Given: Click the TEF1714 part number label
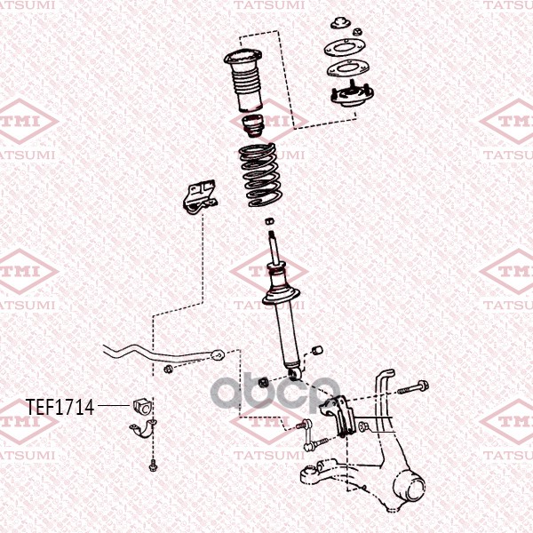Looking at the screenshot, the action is pos(60,407).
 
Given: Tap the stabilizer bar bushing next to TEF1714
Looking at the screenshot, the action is pos(141,406).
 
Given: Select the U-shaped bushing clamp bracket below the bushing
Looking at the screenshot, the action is pos(143,429).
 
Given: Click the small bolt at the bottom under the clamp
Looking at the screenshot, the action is pos(153,465).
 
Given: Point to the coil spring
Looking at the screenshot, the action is pos(260,175).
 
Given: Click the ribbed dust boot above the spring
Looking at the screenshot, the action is pos(243,80).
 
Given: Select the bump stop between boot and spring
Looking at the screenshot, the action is pos(253,126).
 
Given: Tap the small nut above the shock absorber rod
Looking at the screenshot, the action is pos(269,220).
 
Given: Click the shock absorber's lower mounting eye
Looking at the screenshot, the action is pos(294,374).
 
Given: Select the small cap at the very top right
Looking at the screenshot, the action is pos(340,22).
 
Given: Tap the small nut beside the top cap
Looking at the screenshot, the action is pos(357,32).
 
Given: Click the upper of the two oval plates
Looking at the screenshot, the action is pos(345,48).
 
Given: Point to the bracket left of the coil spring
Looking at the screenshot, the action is pos(200,197).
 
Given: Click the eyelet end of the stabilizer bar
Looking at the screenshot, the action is pos(218,354).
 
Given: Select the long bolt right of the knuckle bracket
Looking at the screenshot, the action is pos(413,387).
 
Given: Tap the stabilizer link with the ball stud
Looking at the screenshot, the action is pos(309,435).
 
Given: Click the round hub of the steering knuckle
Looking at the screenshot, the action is pos(410,487).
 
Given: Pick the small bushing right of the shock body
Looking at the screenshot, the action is pos(317,350).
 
